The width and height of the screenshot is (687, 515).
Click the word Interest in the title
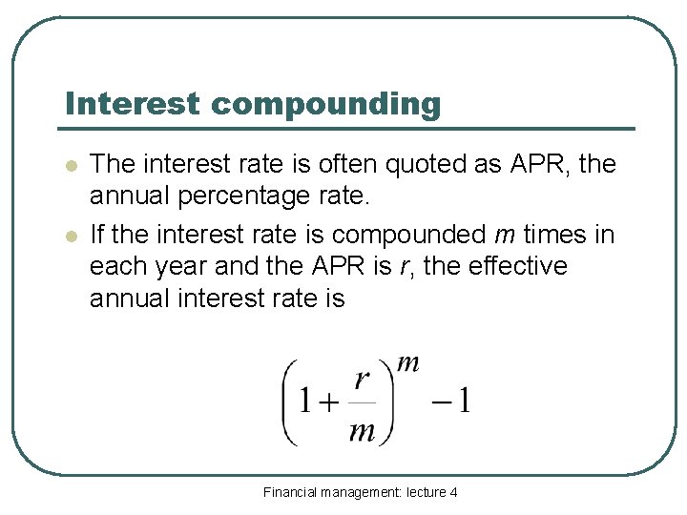coord(134,103)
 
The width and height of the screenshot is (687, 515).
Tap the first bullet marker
coord(70,165)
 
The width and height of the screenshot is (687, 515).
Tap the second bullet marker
coord(70,235)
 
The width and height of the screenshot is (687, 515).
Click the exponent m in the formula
coord(407,362)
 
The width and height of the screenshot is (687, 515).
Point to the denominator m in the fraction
coord(362,431)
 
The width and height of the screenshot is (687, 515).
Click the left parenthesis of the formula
coord(288,402)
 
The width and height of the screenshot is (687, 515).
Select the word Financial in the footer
coord(290,492)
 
